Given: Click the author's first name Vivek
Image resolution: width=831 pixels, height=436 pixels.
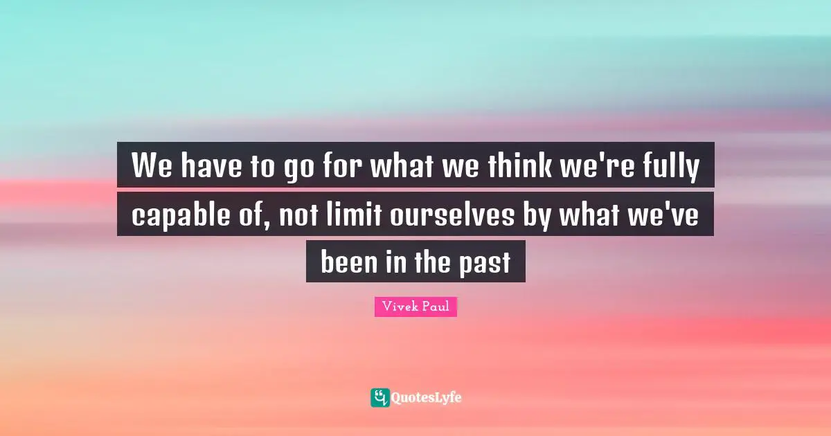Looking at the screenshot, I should coord(398,306).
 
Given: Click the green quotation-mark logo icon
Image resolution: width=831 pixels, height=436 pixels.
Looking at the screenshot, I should coord(379,397).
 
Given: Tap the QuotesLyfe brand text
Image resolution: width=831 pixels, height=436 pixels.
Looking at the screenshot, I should coord(427,398).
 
